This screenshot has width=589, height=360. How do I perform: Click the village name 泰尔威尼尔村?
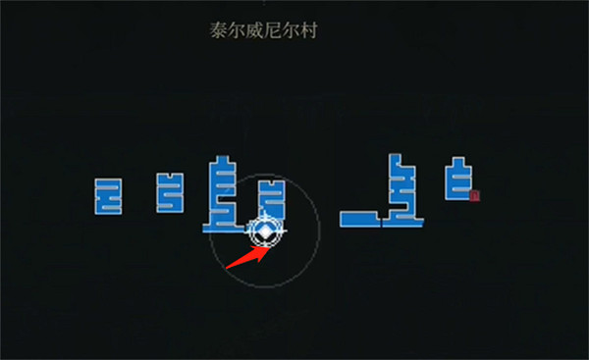(263, 30)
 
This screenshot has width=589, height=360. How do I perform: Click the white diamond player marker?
(265, 232)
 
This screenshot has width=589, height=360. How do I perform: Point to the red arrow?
(246, 253)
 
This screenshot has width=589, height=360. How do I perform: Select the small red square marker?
(474, 196)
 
